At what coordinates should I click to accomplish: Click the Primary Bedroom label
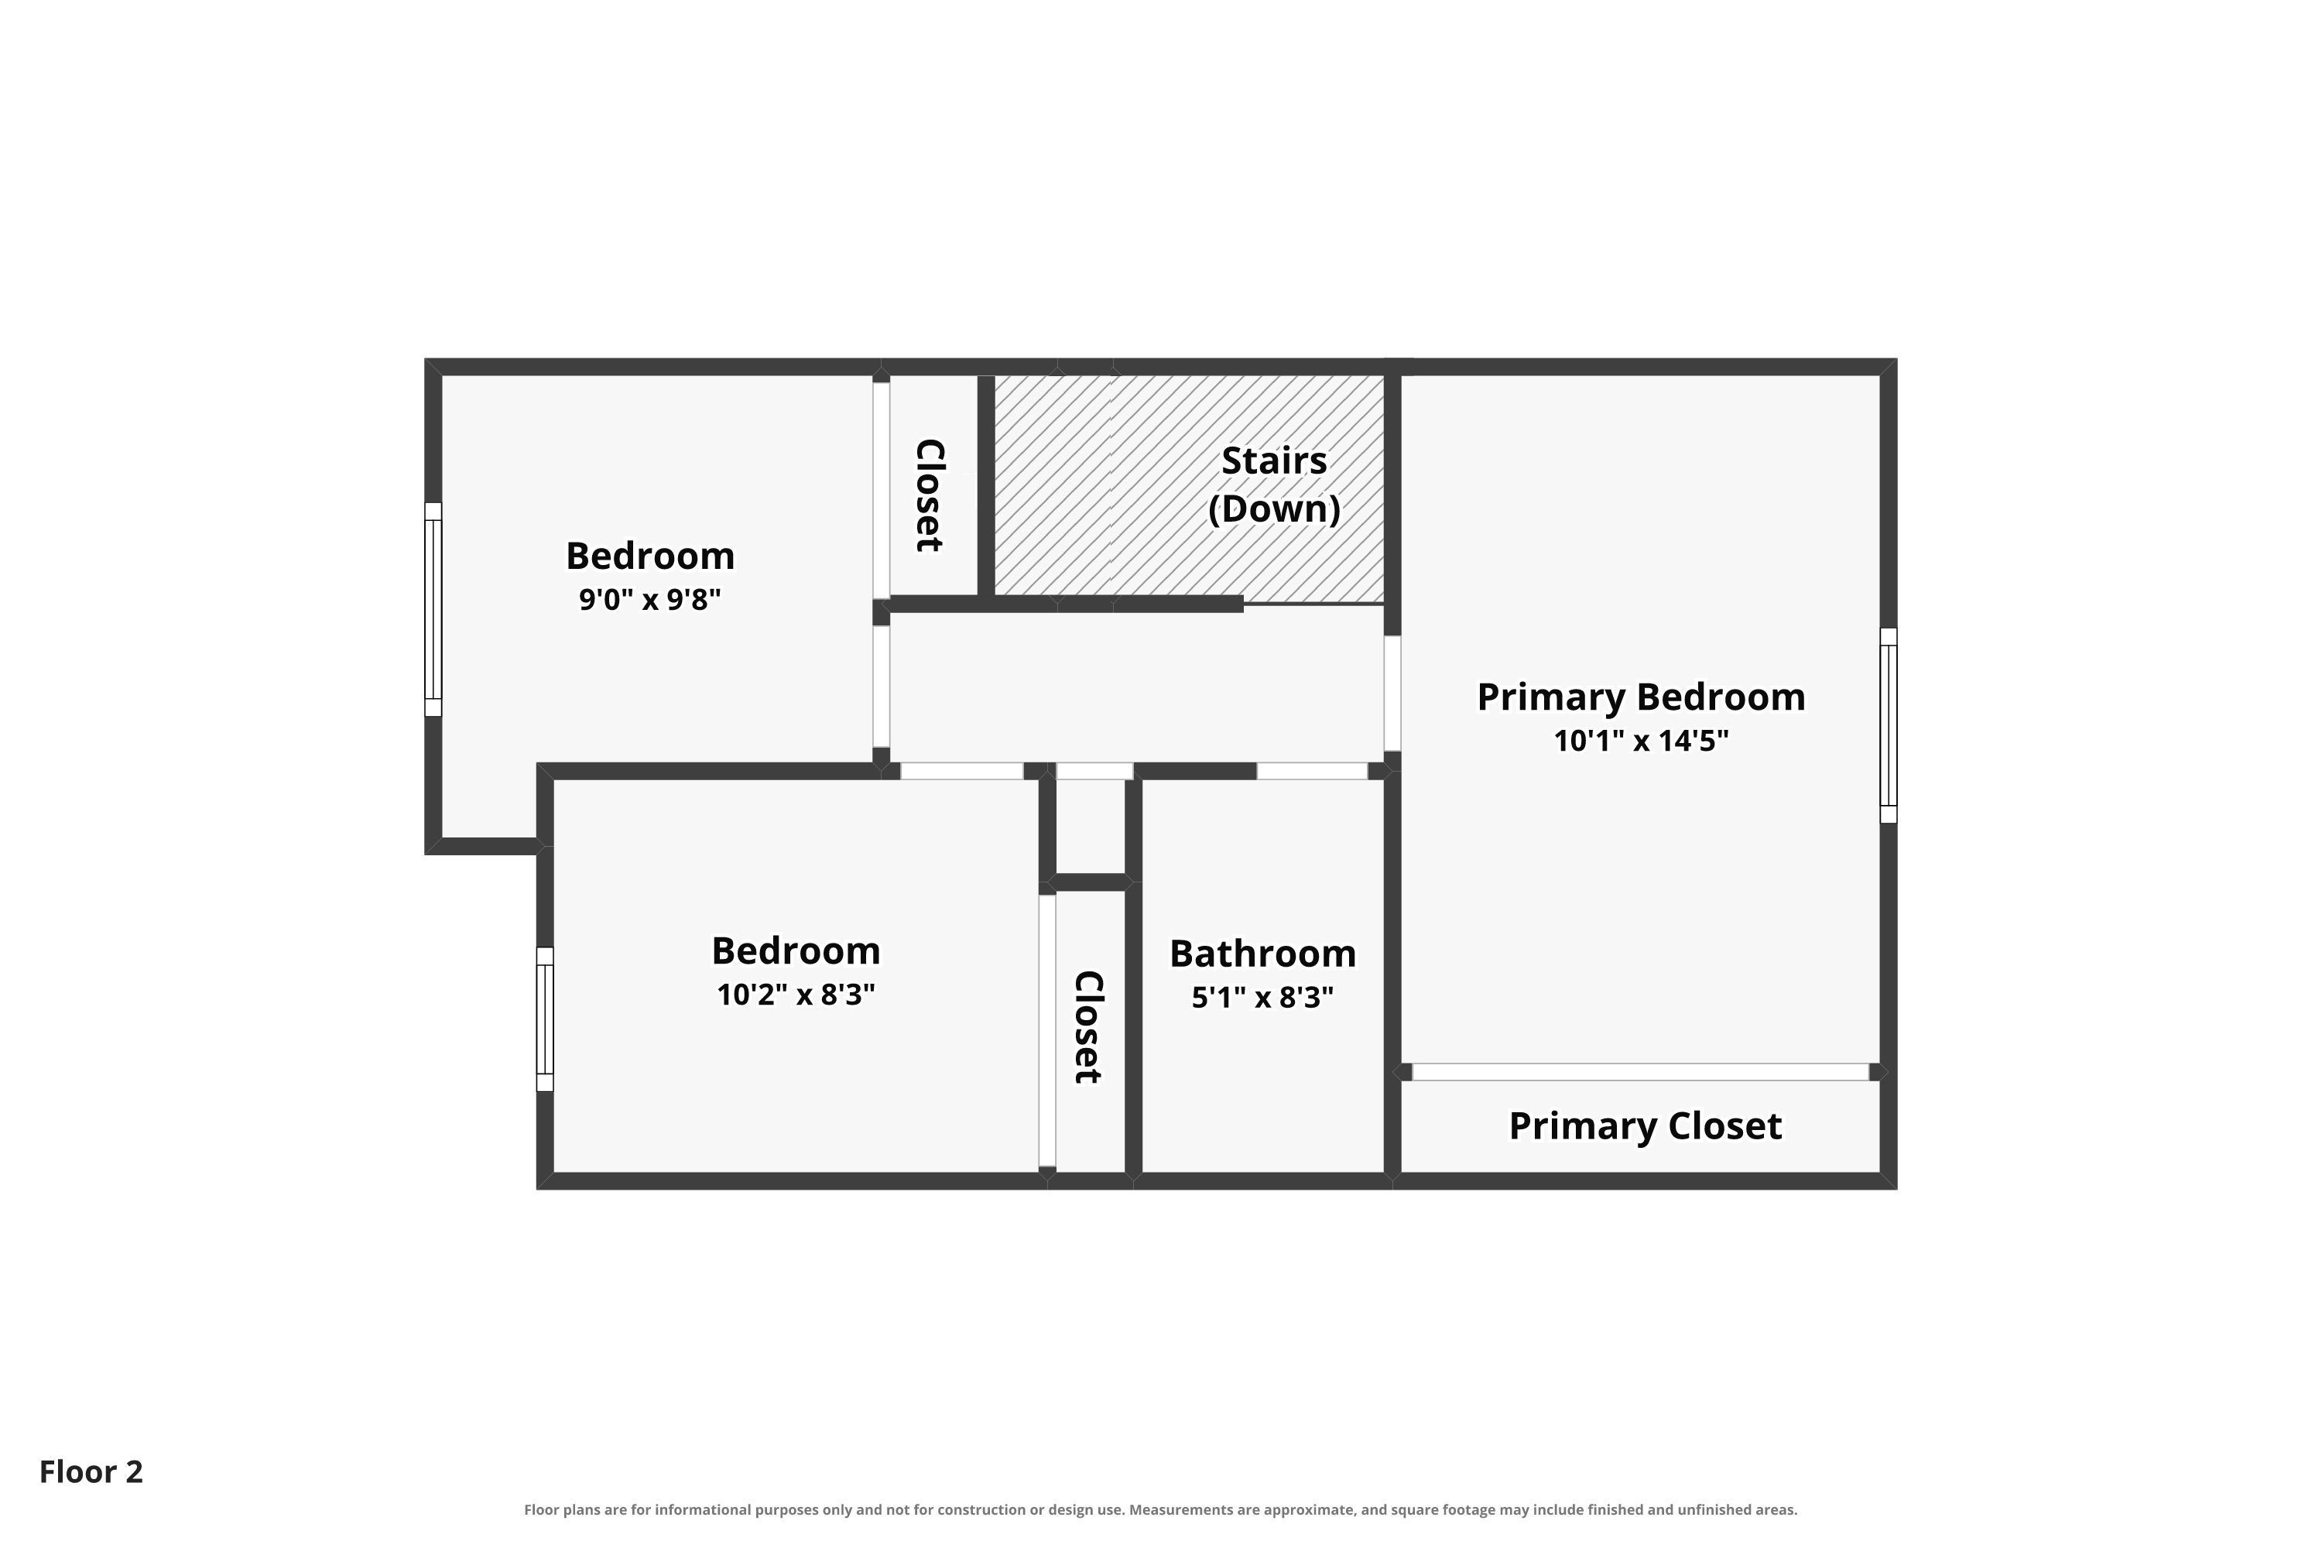(1641, 697)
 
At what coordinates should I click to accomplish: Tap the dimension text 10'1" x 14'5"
(1641, 741)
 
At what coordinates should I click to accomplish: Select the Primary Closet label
(1645, 1126)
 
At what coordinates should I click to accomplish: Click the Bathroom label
(1262, 954)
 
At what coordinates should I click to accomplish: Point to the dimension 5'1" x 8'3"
(1262, 997)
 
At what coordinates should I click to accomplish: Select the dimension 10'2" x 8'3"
(796, 994)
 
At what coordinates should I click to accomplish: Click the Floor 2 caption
(91, 1472)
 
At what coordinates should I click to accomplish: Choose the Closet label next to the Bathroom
(1088, 1028)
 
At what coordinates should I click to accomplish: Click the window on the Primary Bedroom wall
(1889, 726)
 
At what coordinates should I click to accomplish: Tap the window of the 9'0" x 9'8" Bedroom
(433, 609)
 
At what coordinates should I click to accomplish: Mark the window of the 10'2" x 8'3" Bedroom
(545, 1019)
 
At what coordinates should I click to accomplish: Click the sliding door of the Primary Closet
(1641, 1072)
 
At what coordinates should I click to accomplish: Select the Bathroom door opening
(1312, 771)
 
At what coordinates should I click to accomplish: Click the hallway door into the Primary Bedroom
(1392, 693)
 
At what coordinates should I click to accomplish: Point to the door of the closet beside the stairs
(882, 490)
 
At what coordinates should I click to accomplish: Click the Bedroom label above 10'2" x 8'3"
(796, 950)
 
